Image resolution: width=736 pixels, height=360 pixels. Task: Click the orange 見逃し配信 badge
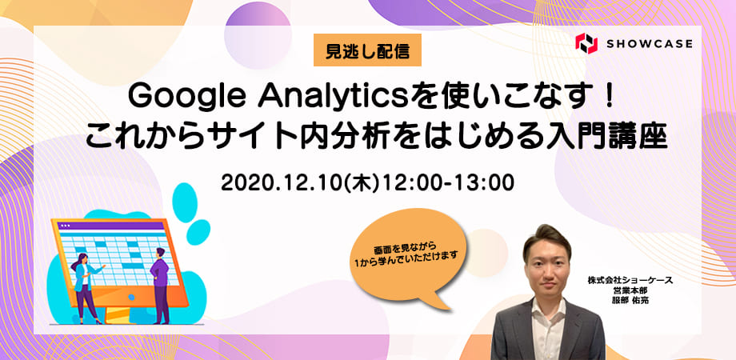(x=367, y=50)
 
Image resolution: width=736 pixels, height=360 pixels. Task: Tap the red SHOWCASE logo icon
(x=586, y=44)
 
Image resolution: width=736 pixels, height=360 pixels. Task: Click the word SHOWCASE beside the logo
(x=649, y=44)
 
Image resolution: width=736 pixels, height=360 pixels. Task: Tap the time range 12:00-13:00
(x=447, y=182)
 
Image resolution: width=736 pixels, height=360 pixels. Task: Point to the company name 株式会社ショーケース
(x=630, y=280)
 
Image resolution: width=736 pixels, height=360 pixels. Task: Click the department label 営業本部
(x=630, y=290)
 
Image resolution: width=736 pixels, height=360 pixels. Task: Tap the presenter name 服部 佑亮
(x=630, y=300)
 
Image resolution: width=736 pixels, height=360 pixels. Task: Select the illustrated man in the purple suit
(x=160, y=285)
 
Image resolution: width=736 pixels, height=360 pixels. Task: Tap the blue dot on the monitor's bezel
(x=131, y=297)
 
